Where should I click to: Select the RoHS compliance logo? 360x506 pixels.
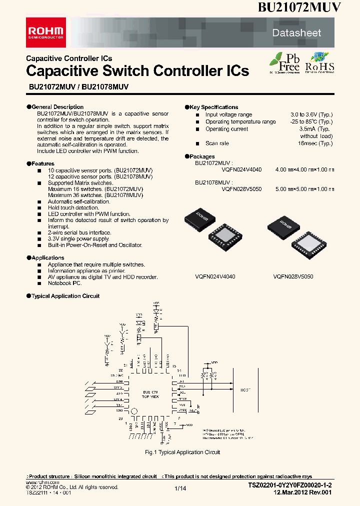[319, 63]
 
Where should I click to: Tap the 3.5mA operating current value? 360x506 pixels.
[323, 129]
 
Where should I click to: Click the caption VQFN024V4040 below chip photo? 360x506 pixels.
[215, 276]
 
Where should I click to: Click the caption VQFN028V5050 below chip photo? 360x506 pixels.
[293, 276]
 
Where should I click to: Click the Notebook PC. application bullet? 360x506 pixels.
[64, 283]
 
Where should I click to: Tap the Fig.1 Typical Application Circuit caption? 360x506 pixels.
[182, 452]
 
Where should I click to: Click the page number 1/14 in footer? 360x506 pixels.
[180, 488]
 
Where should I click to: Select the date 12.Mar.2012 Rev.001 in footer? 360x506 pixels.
[303, 492]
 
